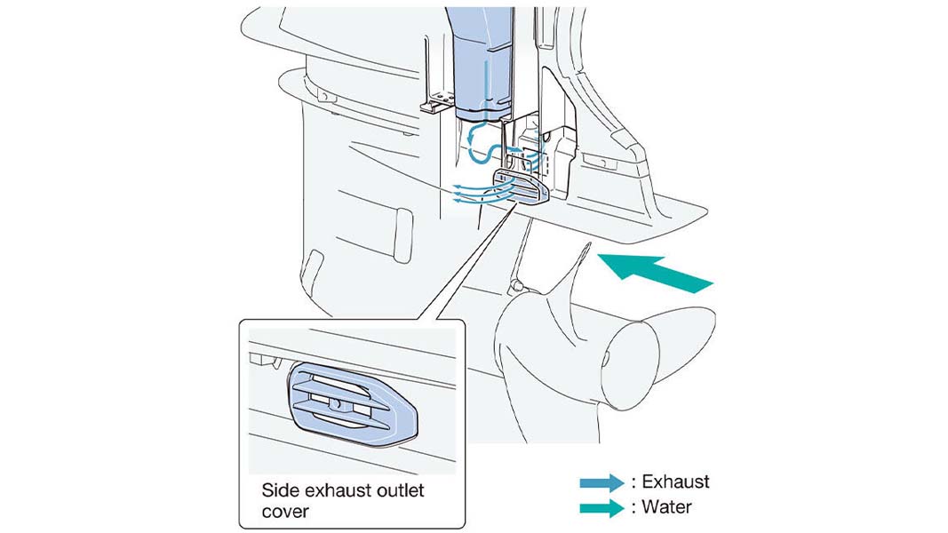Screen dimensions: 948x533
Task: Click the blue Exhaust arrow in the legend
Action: pyautogui.click(x=601, y=483)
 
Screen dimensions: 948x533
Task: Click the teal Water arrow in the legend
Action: pyautogui.click(x=601, y=508)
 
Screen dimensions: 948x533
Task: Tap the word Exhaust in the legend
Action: pyautogui.click(x=675, y=481)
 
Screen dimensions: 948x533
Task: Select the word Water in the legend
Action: pyautogui.click(x=666, y=506)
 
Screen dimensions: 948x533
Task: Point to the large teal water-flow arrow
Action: pyautogui.click(x=655, y=273)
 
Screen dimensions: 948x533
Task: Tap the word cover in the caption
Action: pyautogui.click(x=285, y=512)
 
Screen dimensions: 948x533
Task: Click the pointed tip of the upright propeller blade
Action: pyautogui.click(x=588, y=243)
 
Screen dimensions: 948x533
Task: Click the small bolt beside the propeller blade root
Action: pyautogui.click(x=517, y=284)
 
